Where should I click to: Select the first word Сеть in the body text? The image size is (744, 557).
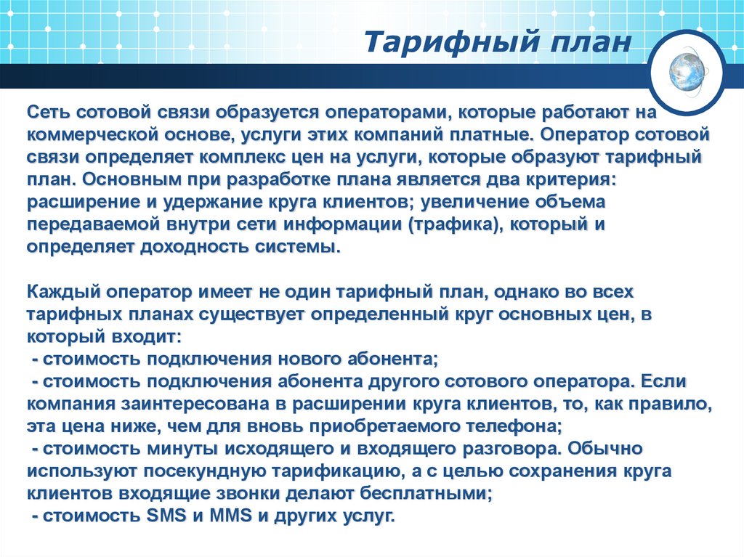(x=49, y=113)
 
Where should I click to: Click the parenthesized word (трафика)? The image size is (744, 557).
(x=454, y=224)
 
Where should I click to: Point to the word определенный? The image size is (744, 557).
(x=371, y=314)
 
